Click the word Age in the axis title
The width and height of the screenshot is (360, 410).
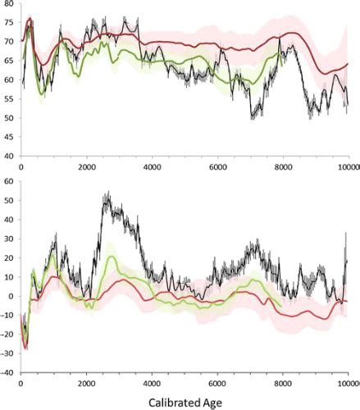pyautogui.click(x=216, y=403)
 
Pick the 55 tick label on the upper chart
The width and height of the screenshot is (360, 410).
pyautogui.click(x=9, y=98)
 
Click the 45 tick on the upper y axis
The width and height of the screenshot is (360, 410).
pyautogui.click(x=9, y=137)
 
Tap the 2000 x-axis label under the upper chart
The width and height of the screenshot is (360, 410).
pyautogui.click(x=87, y=166)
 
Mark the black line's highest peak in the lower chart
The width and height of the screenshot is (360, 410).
pyautogui.click(x=107, y=194)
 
